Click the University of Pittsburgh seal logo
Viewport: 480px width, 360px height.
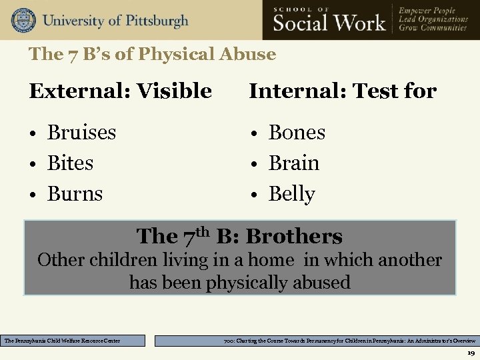coord(23,20)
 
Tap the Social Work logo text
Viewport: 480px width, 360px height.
coord(329,22)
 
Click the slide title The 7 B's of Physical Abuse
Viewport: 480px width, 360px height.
coord(152,54)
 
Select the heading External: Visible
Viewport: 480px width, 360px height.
coord(120,91)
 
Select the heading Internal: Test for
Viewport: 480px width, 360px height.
coord(343,91)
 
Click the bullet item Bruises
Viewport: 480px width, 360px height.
coord(81,132)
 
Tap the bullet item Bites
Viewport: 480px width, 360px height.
coord(70,163)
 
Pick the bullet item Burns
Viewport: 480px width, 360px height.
coord(75,194)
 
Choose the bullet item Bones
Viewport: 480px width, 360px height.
coord(297,132)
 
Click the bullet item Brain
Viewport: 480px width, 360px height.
coord(293,163)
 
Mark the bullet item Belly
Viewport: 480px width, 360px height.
coord(291,194)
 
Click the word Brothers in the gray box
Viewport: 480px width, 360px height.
coord(293,236)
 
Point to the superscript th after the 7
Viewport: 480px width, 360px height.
coord(203,231)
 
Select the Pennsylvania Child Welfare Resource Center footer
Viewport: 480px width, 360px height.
coord(73,341)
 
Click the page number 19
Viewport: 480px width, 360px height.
coord(471,353)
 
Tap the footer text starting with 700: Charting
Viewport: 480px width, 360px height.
coord(317,341)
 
